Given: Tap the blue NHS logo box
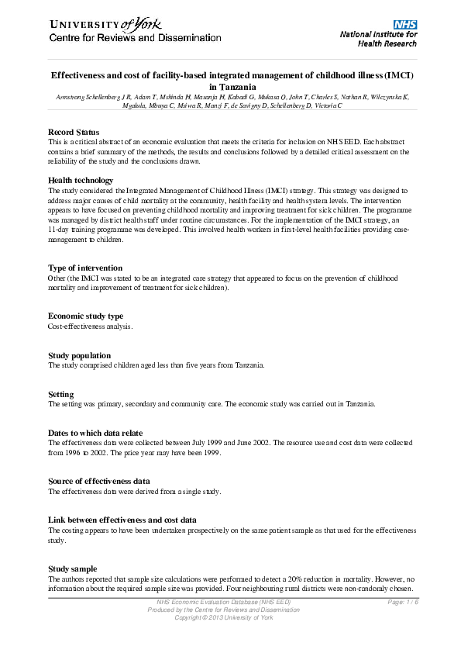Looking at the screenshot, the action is tap(406, 25).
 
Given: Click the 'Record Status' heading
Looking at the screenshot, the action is tap(74, 133).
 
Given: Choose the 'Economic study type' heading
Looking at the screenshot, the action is tap(85, 316).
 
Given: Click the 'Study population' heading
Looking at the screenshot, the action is tap(79, 356).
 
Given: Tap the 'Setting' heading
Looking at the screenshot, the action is tap(61, 395).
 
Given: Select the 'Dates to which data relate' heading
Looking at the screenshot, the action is tap(95, 433).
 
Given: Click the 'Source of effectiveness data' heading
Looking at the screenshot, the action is tap(99, 482).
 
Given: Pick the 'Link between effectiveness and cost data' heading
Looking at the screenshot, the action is tap(122, 520).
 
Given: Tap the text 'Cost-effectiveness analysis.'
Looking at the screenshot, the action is tap(91, 326).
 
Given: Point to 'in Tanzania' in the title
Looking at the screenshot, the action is tap(231, 88).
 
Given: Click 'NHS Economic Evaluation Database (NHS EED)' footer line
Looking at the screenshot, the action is tap(223, 603).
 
